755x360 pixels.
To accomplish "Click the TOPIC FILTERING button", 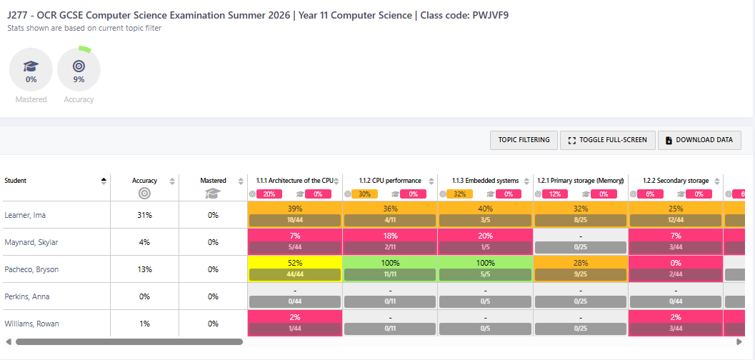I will tap(524, 140).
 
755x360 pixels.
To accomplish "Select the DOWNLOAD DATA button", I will tap(699, 140).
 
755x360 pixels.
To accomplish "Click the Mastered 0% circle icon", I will tap(31, 70).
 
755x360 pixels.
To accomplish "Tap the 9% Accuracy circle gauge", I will tap(79, 70).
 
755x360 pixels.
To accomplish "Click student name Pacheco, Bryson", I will tap(31, 269).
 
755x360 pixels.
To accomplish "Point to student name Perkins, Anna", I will tap(28, 296).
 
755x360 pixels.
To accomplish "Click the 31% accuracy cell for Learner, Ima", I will tap(144, 215).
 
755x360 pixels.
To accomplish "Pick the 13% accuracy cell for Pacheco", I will tap(144, 269).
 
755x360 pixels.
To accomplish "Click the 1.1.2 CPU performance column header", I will tap(389, 181).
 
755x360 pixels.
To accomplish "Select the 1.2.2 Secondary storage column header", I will tap(675, 181).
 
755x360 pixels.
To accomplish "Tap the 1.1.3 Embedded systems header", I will tap(485, 181).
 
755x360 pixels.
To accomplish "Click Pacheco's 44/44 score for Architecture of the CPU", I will tap(295, 274).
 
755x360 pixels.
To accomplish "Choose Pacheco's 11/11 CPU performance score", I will tap(390, 274).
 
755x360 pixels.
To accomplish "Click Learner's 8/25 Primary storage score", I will tap(581, 220).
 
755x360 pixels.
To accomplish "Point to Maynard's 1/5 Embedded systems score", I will tap(485, 247).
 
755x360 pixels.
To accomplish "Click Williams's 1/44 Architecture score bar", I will tap(295, 329).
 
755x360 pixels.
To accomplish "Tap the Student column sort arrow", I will tap(104, 181).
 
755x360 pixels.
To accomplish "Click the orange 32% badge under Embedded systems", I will tap(459, 194).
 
